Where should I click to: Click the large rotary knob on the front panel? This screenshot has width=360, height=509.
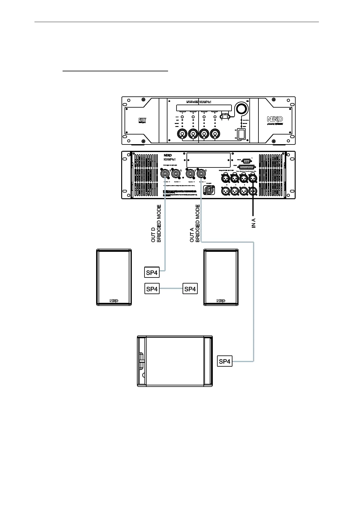(x=241, y=109)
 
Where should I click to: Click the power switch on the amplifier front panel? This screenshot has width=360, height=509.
(x=241, y=134)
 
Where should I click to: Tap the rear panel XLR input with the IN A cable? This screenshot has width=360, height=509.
(x=253, y=179)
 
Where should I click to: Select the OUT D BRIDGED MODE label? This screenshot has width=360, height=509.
(x=156, y=224)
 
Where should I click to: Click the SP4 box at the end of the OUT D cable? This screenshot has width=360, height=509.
(x=152, y=273)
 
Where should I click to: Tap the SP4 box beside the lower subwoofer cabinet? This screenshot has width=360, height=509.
(x=225, y=361)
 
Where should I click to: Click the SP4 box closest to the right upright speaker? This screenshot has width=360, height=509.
(x=190, y=289)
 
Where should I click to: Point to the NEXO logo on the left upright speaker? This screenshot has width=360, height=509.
(x=114, y=301)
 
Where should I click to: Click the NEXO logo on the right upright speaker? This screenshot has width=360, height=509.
(x=221, y=301)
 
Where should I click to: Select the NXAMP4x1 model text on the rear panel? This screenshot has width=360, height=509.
(x=170, y=159)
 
